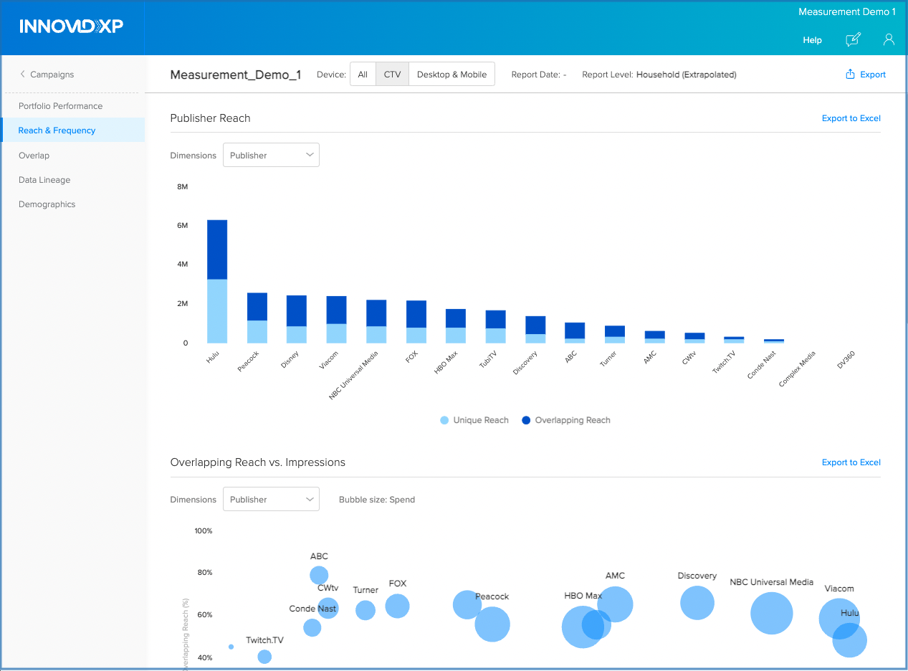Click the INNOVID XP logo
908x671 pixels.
(x=72, y=27)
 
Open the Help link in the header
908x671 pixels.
(x=812, y=40)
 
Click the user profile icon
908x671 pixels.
(x=889, y=39)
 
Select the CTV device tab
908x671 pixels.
(x=392, y=75)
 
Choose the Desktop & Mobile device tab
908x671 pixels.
(x=451, y=75)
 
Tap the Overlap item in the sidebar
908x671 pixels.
(x=34, y=156)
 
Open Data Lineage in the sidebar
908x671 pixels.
(x=44, y=180)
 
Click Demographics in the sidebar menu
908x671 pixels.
(x=47, y=204)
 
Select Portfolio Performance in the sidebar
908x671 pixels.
(x=60, y=106)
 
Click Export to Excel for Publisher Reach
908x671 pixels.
(x=851, y=118)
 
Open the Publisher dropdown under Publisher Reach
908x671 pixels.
(x=271, y=156)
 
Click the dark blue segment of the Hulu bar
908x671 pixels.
(x=217, y=249)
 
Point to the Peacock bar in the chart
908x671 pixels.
(x=257, y=318)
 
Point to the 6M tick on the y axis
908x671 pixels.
(x=182, y=226)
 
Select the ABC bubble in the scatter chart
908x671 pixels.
(x=319, y=575)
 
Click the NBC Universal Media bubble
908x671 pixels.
(x=771, y=613)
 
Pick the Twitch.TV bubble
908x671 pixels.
(x=264, y=657)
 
